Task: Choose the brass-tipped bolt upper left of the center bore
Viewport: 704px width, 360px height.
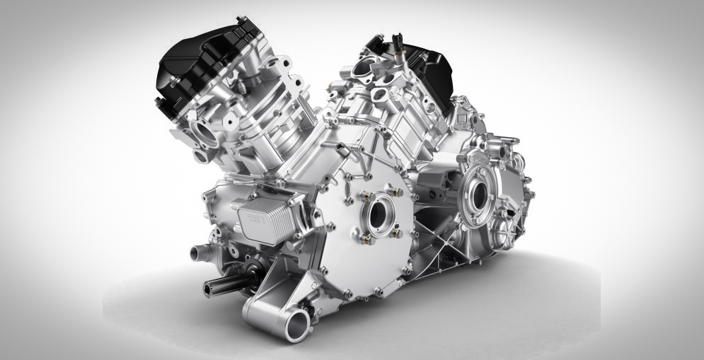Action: [x=362, y=196]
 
